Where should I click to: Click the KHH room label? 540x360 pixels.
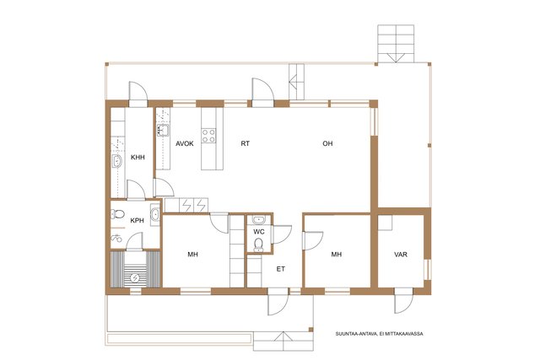(x=138, y=158)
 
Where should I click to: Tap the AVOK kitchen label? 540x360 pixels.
(x=185, y=143)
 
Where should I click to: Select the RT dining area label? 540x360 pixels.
(x=246, y=143)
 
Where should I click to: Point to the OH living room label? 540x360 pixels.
(x=327, y=143)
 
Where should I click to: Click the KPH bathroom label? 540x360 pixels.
(x=137, y=221)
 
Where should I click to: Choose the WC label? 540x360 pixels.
(x=259, y=232)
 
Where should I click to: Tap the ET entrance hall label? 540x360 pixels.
(x=281, y=269)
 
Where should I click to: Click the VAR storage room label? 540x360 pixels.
(x=401, y=255)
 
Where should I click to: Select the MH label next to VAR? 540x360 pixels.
(x=337, y=255)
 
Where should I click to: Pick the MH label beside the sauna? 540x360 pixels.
(x=193, y=255)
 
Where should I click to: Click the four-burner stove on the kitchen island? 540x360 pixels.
(x=208, y=135)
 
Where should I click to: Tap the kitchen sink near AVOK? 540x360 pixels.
(x=163, y=131)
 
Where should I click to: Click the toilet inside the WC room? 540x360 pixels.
(x=258, y=244)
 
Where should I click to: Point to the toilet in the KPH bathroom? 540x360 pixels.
(x=118, y=214)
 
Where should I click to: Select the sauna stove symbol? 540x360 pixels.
(x=135, y=277)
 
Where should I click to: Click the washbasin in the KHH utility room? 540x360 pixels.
(x=117, y=161)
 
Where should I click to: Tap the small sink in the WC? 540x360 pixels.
(x=258, y=219)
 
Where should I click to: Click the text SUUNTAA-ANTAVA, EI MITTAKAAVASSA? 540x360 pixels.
(x=380, y=334)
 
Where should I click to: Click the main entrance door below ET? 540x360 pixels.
(x=278, y=302)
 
